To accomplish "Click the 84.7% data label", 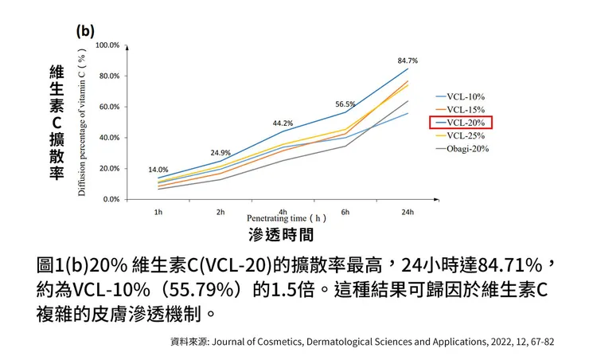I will (408, 61).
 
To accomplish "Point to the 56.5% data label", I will (345, 104).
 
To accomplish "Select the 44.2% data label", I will (283, 123).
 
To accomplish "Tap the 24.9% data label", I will (220, 153).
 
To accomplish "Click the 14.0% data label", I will (158, 170).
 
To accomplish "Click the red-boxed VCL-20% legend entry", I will (462, 123).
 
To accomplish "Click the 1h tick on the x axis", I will (158, 212).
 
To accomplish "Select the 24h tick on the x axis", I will (408, 212).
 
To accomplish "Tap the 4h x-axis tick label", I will (283, 212).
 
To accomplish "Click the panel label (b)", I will (85, 31).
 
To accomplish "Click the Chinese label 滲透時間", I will (279, 235).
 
